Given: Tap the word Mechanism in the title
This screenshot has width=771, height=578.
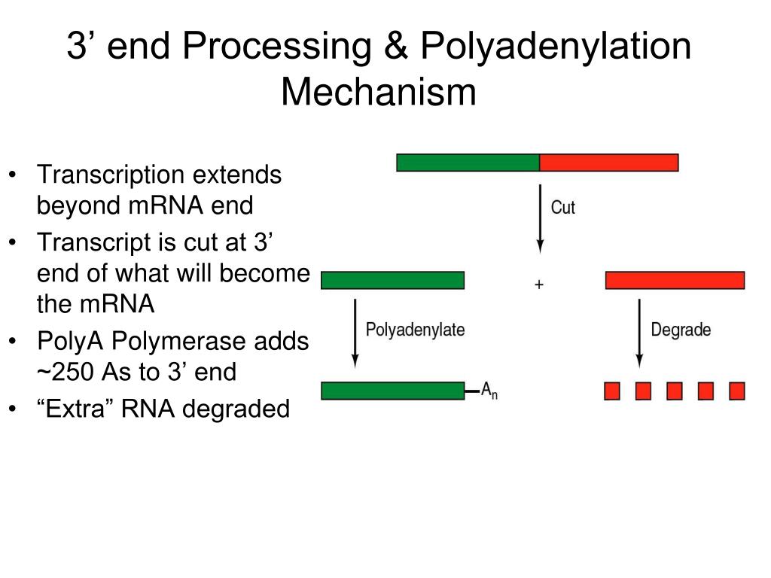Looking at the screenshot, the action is (x=379, y=92).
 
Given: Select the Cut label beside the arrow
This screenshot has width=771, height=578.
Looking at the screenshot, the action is (x=562, y=208).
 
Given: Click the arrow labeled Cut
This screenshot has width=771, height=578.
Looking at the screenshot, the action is (x=541, y=219).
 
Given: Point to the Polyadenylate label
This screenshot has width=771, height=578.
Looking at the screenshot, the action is (x=415, y=330).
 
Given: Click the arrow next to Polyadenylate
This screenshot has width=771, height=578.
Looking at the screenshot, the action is (x=355, y=333).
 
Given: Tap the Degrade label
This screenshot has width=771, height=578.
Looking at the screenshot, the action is (x=681, y=330).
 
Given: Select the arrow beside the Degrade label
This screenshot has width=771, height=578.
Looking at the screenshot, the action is (x=639, y=333).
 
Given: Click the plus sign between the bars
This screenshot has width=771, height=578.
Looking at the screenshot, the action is (x=539, y=284).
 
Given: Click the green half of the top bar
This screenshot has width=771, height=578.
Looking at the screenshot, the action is (x=468, y=163).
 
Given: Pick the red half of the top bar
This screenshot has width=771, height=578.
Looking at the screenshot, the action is (x=609, y=163).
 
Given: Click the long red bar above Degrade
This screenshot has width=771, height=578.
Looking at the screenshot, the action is (x=675, y=280).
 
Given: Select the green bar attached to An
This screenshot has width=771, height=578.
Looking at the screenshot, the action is (x=393, y=391).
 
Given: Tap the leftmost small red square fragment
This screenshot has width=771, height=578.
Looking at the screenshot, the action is (x=611, y=391).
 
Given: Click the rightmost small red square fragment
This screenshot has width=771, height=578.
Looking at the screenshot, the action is (x=737, y=391).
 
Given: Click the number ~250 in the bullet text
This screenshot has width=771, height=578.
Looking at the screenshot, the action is (x=66, y=372).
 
